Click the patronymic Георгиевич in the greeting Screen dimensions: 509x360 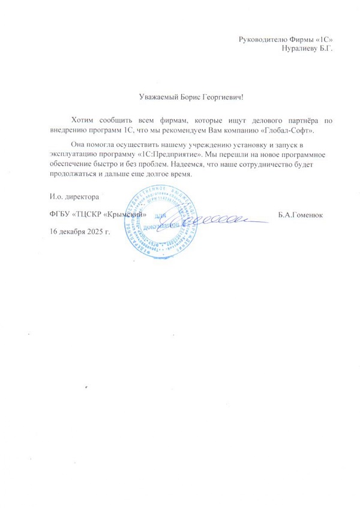221,97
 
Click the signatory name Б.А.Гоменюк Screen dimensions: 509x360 302,215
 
